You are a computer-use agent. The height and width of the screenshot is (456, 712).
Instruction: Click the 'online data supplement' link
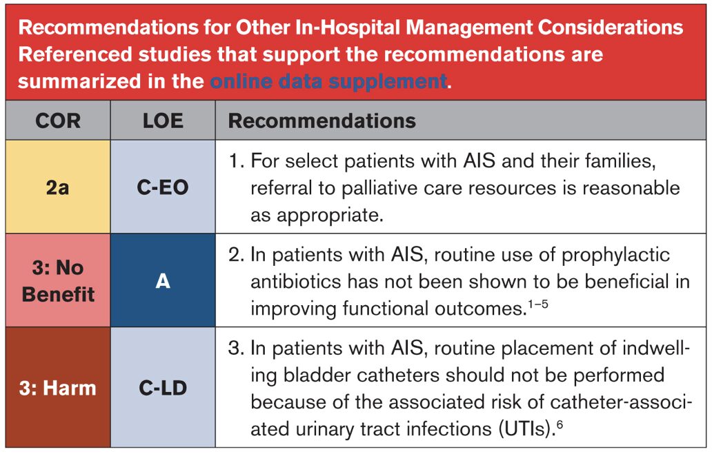(x=329, y=81)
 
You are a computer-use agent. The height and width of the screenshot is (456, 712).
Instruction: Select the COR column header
(x=58, y=121)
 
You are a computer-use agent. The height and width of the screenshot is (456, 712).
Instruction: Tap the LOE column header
(x=163, y=121)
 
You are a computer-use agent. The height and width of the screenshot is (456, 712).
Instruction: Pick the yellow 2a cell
(x=58, y=187)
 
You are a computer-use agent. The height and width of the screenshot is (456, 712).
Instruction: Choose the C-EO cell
(x=163, y=187)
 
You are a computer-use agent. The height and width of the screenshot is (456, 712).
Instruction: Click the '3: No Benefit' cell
(x=58, y=280)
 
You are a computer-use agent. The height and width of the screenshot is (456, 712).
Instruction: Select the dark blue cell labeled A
(x=163, y=280)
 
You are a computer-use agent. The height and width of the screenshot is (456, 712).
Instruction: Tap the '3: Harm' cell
(x=58, y=388)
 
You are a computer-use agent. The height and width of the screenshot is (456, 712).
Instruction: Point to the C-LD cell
(x=163, y=388)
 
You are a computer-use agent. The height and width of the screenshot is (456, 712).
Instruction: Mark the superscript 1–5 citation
(x=538, y=304)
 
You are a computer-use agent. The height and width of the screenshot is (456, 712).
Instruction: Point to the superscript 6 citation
(x=560, y=424)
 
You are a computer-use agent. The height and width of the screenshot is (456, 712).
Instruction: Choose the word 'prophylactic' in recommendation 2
(x=615, y=256)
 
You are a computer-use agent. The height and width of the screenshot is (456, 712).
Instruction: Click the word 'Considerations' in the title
(x=611, y=28)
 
